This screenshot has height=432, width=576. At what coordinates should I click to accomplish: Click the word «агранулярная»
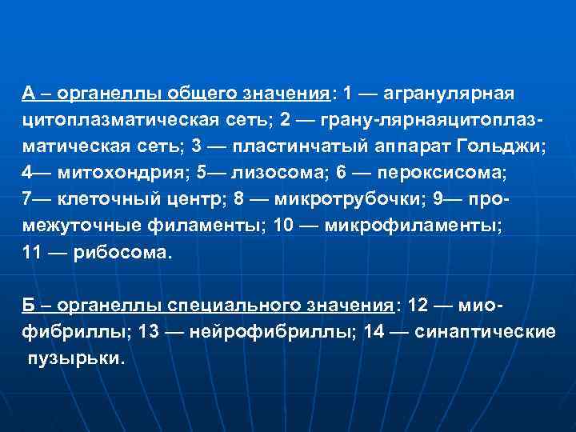pos(448,94)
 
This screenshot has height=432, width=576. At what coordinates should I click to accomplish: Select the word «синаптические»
pos(486,331)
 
